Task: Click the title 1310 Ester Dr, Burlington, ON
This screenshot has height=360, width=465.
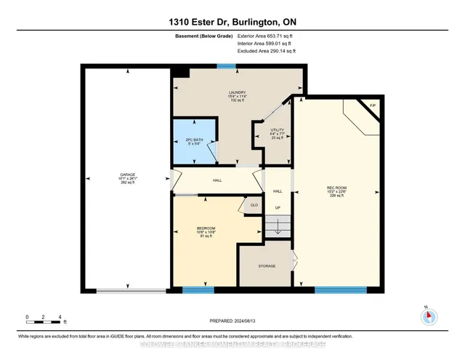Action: (x=232, y=17)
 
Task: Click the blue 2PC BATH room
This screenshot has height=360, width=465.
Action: (x=193, y=140)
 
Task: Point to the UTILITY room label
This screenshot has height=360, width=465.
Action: (x=277, y=132)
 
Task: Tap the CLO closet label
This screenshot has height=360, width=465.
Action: (x=254, y=205)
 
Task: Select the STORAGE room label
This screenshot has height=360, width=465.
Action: (x=267, y=266)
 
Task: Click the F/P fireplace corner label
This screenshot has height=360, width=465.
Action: (x=373, y=107)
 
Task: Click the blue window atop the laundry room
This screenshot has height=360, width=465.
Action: (x=227, y=67)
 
